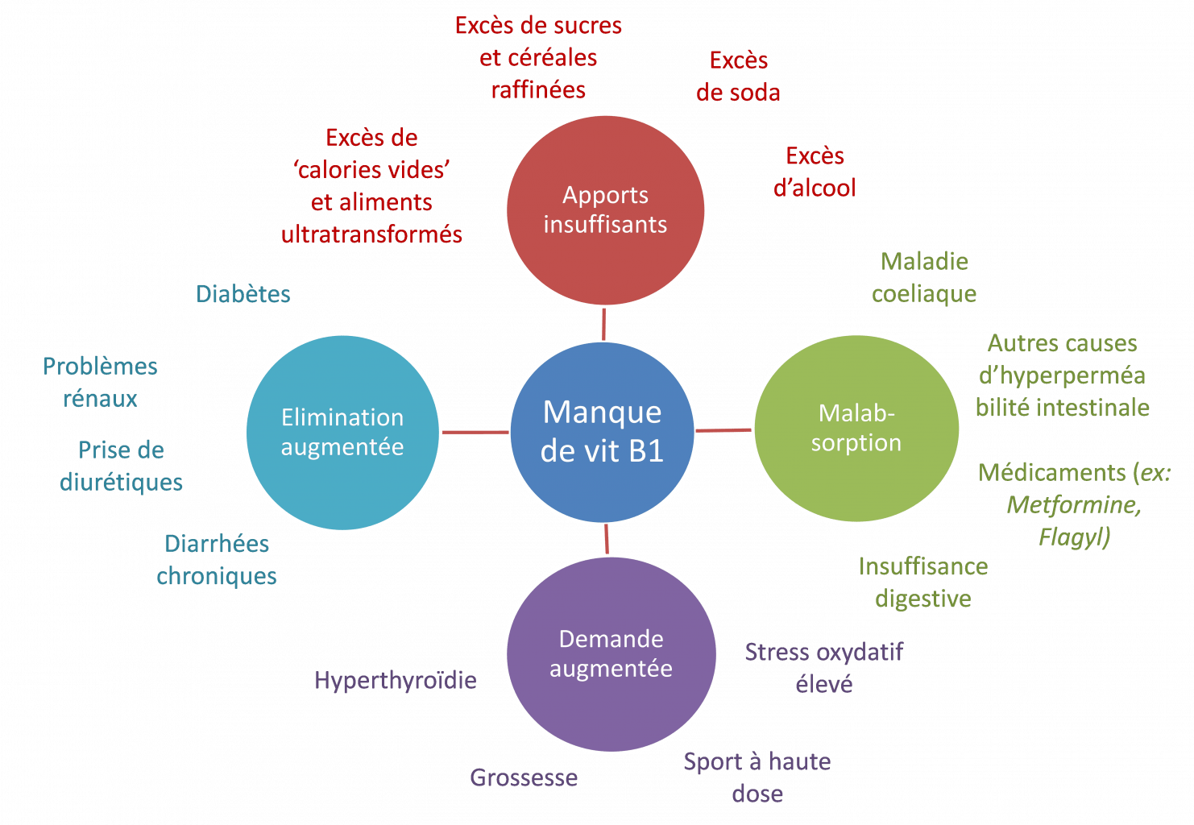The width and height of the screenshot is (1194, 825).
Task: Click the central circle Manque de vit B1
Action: [x=603, y=432]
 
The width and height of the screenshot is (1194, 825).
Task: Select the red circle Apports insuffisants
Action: [x=606, y=210]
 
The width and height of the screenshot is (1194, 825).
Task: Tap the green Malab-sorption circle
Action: [x=856, y=429]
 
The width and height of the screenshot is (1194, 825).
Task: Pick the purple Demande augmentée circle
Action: [x=612, y=654]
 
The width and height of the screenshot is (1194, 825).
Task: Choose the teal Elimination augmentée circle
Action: [x=342, y=432]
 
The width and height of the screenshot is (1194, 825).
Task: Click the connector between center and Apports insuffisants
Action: [x=604, y=324]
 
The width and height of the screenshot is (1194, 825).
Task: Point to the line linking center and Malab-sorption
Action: [x=723, y=430]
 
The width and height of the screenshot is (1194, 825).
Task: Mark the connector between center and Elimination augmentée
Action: [x=475, y=432]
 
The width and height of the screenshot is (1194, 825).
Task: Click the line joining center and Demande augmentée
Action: [x=607, y=539]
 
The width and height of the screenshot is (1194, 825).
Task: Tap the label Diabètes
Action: [x=243, y=293]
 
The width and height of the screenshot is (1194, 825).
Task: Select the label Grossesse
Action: [x=524, y=777]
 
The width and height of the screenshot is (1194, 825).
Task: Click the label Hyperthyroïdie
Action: [x=396, y=681]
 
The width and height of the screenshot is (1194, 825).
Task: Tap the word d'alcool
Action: [x=815, y=188]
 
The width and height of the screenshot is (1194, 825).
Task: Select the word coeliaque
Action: [x=924, y=294]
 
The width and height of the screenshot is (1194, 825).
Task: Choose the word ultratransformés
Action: [x=371, y=234]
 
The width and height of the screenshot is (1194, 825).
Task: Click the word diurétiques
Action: [x=121, y=483]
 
